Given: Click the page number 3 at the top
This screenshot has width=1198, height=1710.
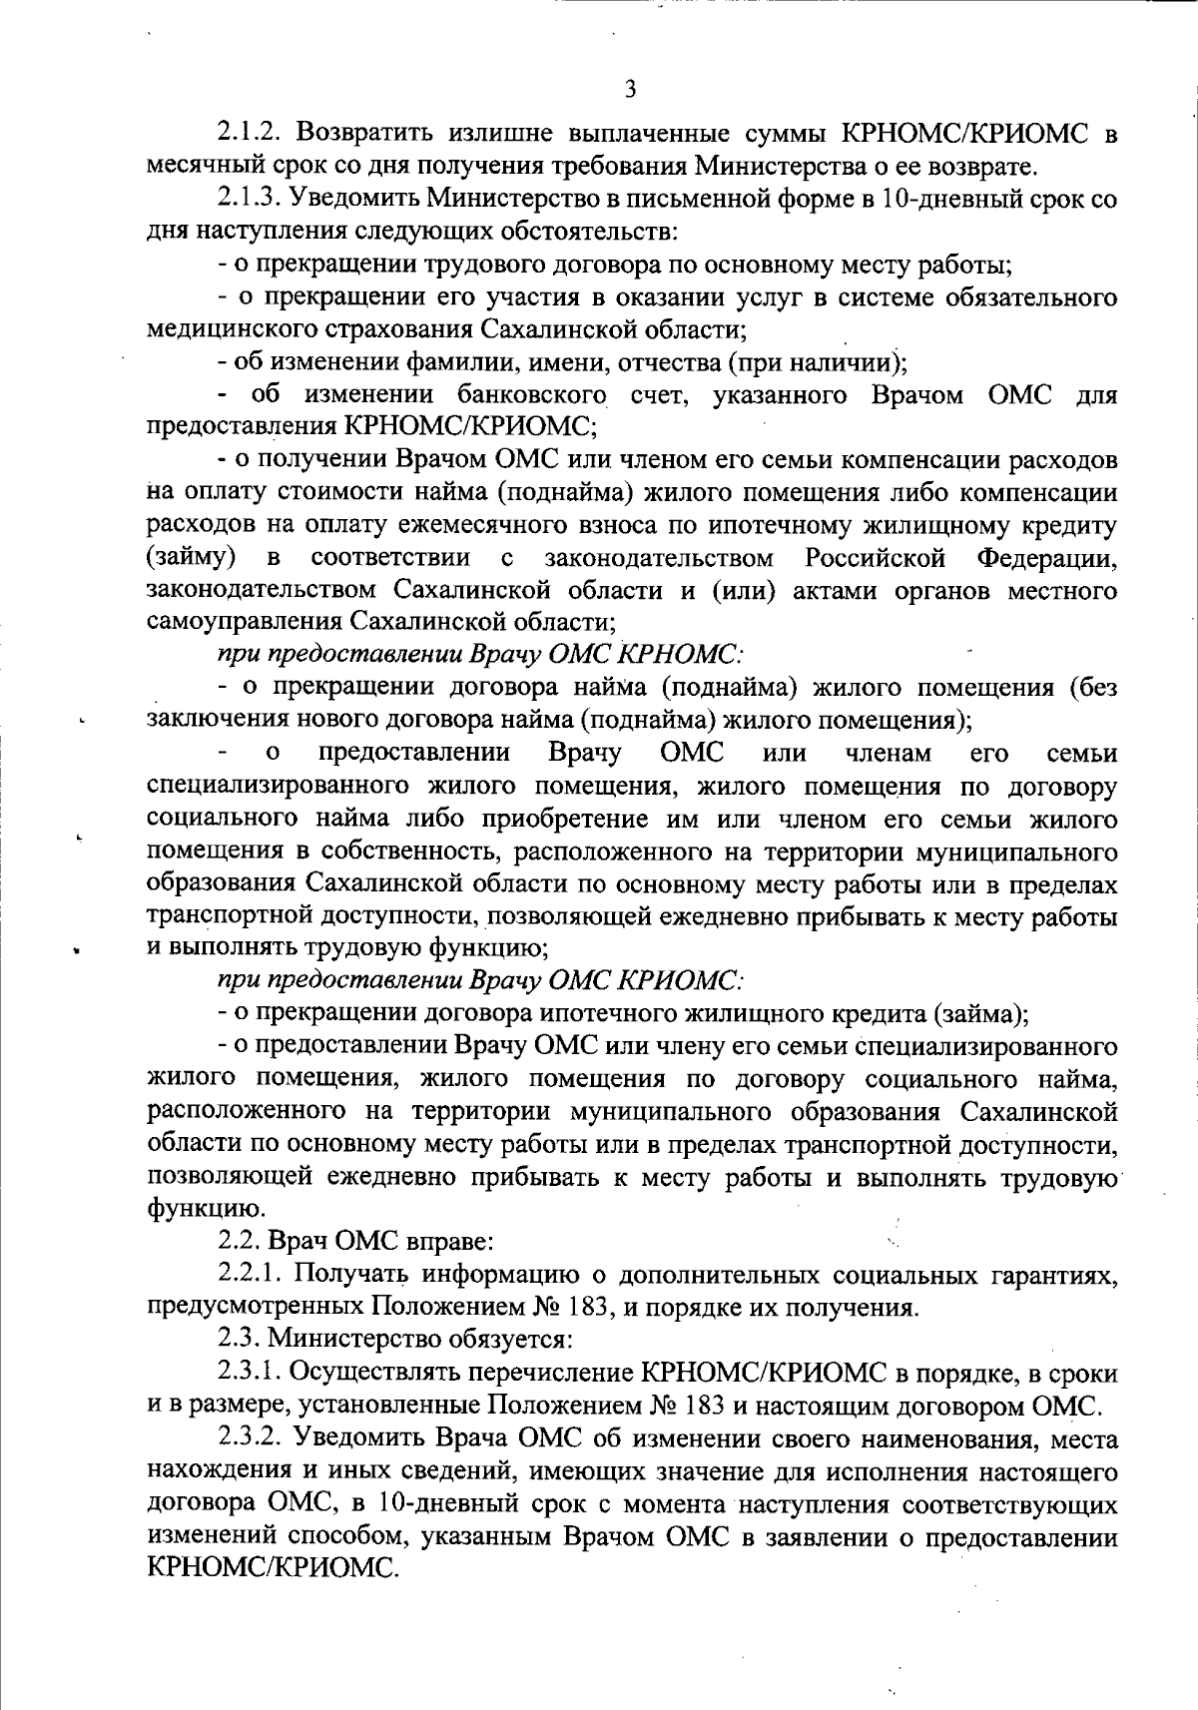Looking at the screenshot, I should (629, 90).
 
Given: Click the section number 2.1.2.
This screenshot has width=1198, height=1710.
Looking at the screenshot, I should (251, 132).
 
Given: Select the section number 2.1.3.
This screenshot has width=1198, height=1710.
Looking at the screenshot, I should (251, 198).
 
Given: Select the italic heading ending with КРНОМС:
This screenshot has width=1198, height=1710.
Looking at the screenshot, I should (481, 655).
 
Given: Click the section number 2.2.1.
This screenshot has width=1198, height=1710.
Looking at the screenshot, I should (251, 1275).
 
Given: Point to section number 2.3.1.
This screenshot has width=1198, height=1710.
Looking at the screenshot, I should (251, 1374).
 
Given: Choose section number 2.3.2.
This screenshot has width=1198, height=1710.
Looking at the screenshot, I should (251, 1439).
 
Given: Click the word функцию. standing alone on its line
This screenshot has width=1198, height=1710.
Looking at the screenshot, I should (192, 1210).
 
